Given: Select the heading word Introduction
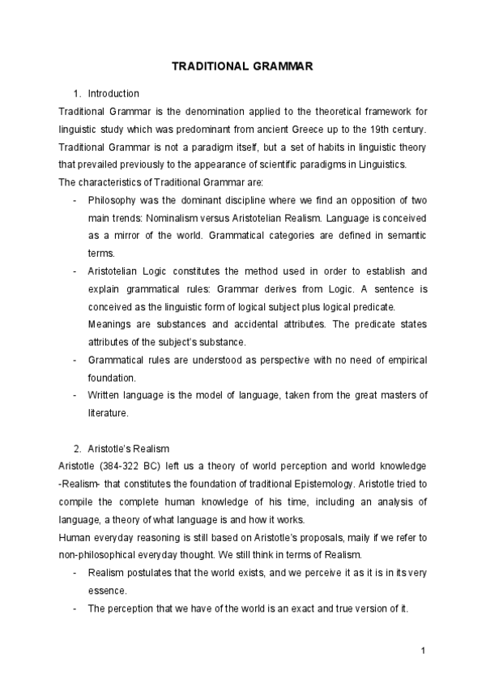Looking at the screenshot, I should tap(113, 94).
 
